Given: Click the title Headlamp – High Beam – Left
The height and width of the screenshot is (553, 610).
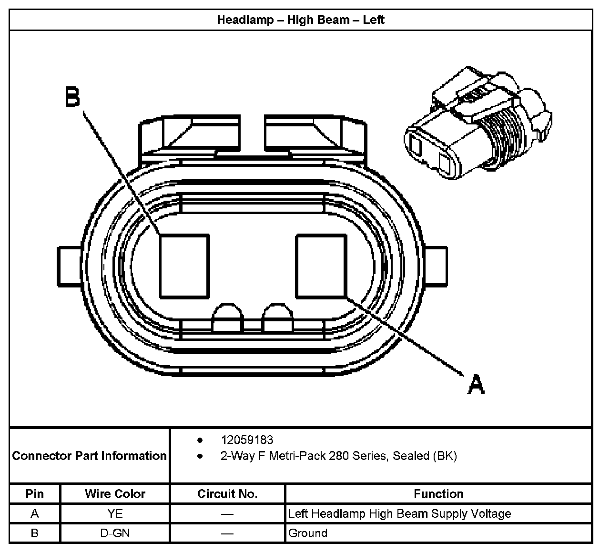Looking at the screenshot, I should (x=300, y=20).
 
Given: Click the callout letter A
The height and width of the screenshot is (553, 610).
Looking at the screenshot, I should (x=475, y=384).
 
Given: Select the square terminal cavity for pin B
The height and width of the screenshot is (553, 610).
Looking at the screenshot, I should (x=184, y=266).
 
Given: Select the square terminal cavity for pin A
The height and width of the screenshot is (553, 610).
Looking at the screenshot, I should (x=321, y=266).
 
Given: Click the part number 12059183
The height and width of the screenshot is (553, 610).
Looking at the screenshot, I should (x=247, y=440).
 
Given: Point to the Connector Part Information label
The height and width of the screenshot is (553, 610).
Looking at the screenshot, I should (x=89, y=456).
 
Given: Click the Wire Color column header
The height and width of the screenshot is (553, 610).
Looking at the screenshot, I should (x=115, y=494).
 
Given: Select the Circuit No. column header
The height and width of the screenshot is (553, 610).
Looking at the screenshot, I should (x=227, y=494).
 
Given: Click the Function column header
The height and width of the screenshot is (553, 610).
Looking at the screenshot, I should (x=438, y=494).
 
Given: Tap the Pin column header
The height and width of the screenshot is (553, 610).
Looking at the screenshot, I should (x=34, y=494).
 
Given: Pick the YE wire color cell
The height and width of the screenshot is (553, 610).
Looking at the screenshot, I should (x=115, y=513).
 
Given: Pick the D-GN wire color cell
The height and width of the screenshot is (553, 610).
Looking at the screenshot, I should (x=115, y=533).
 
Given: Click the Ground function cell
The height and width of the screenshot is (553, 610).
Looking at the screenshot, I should (x=308, y=533).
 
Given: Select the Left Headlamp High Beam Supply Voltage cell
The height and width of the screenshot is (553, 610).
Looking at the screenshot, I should (x=399, y=513).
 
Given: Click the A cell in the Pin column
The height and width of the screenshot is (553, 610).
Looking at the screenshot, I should (x=34, y=513).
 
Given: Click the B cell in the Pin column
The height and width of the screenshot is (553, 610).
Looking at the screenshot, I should (x=34, y=533).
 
